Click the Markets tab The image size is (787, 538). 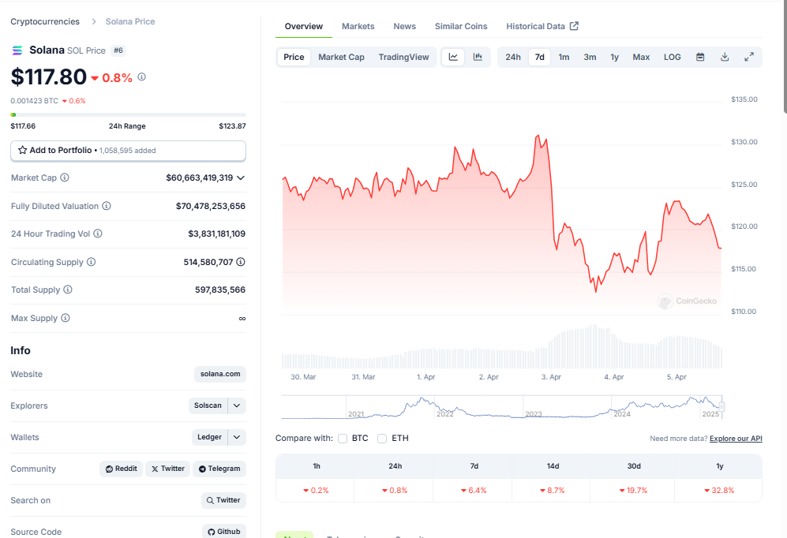(x=358, y=26)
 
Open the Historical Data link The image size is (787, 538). (x=542, y=26)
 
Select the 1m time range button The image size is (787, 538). (x=564, y=57)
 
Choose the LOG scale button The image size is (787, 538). (x=672, y=57)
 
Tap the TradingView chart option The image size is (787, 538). (x=403, y=57)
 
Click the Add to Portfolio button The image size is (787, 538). (x=128, y=151)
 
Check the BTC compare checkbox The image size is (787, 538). (x=343, y=439)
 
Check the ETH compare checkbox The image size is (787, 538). (x=382, y=439)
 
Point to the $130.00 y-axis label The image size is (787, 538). (x=744, y=142)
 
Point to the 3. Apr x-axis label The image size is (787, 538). (x=551, y=377)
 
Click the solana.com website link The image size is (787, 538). (x=219, y=374)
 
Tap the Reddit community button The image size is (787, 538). (x=121, y=469)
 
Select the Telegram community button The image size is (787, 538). (x=219, y=469)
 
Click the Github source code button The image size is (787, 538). (x=224, y=532)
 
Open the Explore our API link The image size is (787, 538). (x=736, y=439)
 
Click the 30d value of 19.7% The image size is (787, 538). (x=633, y=491)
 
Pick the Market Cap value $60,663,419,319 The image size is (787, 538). (x=199, y=178)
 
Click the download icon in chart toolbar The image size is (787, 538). (x=725, y=57)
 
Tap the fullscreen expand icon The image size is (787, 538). (x=749, y=57)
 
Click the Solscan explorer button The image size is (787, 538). (x=208, y=405)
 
